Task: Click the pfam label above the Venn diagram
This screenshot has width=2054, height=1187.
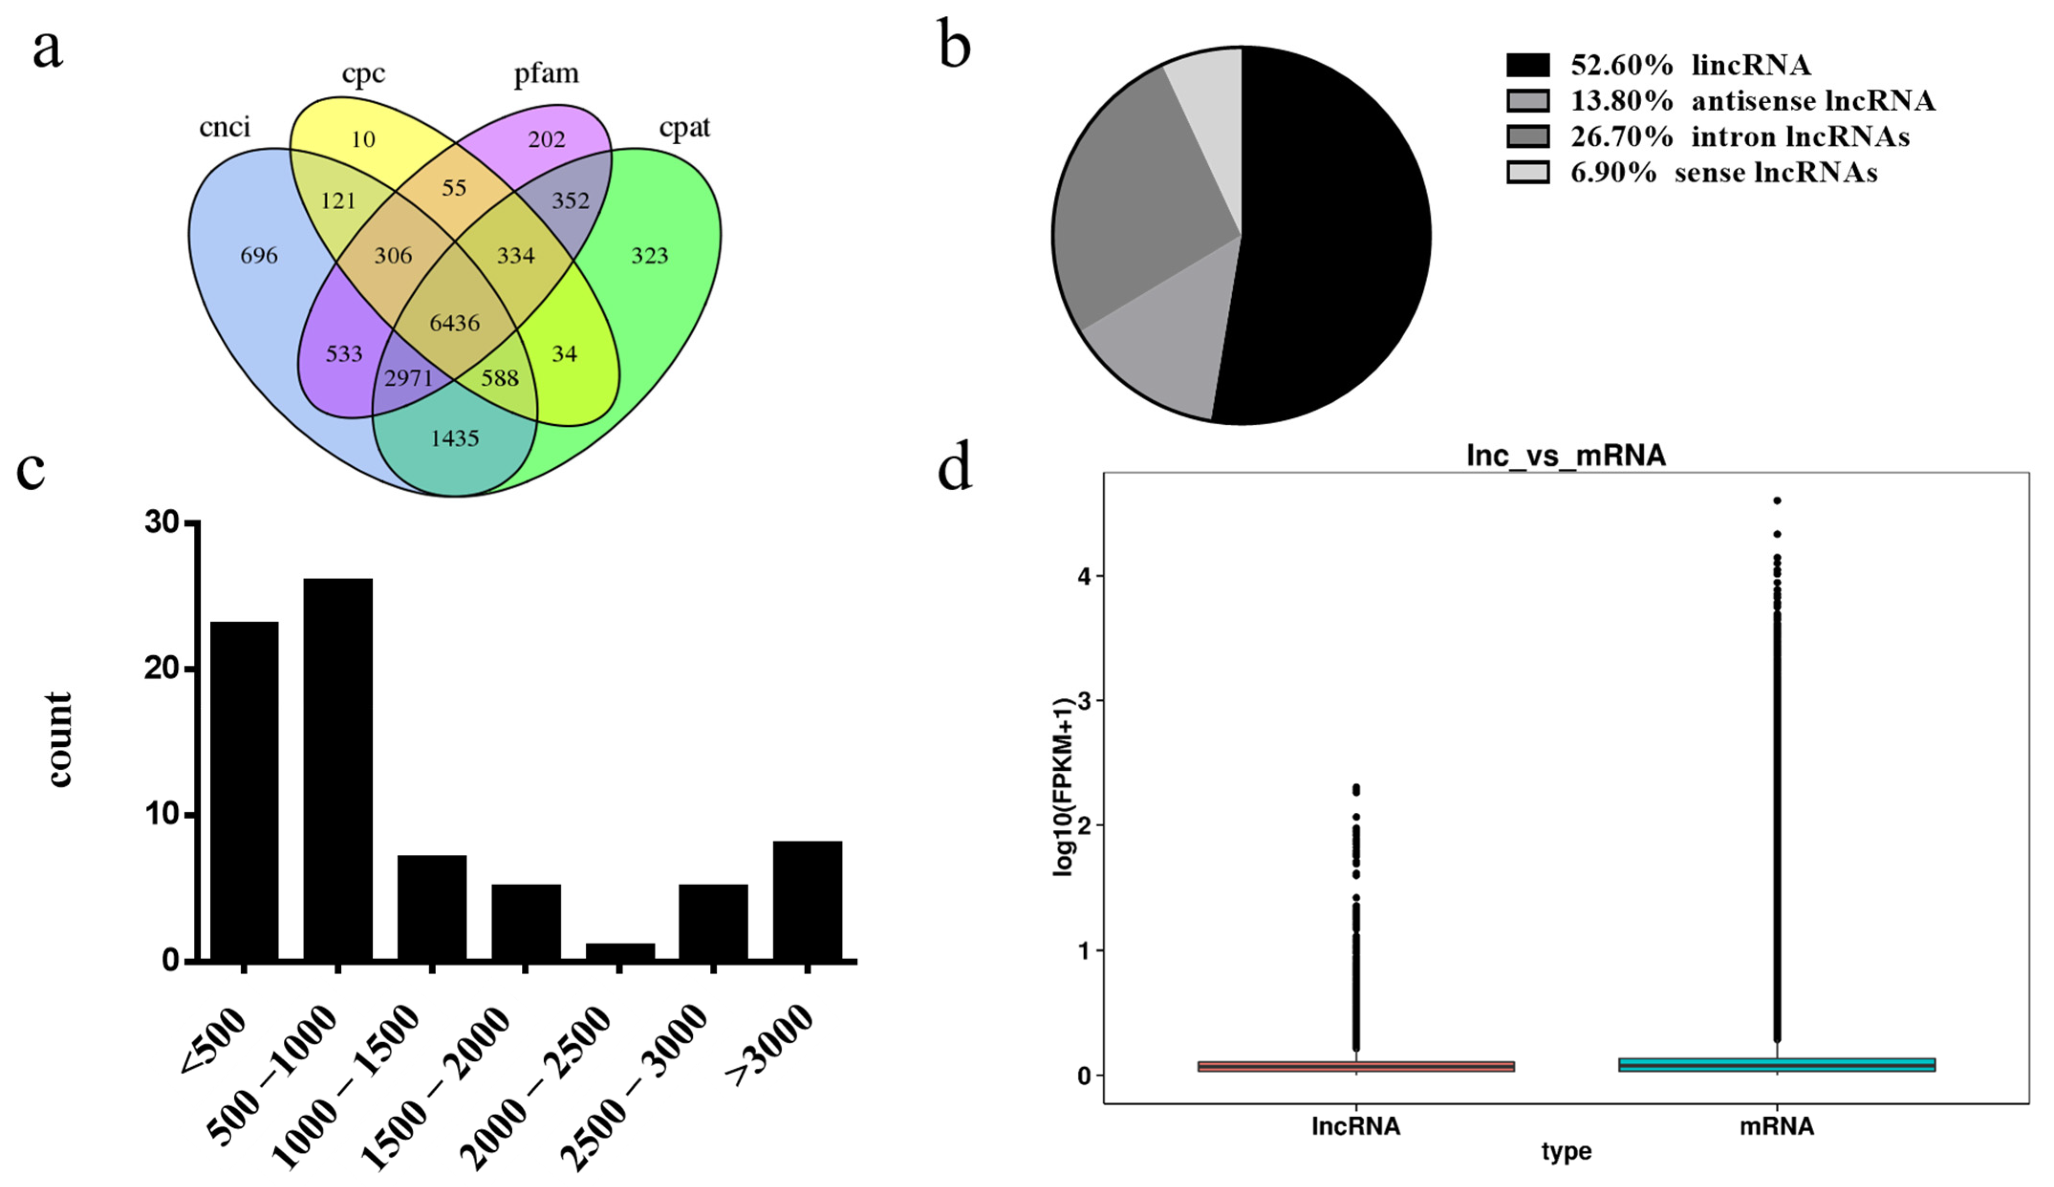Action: click(x=546, y=74)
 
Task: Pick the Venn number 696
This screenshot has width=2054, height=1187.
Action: click(x=258, y=256)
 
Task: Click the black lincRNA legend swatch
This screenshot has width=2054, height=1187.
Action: click(x=1527, y=65)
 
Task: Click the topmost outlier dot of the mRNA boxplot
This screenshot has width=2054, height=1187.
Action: click(x=1777, y=501)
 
